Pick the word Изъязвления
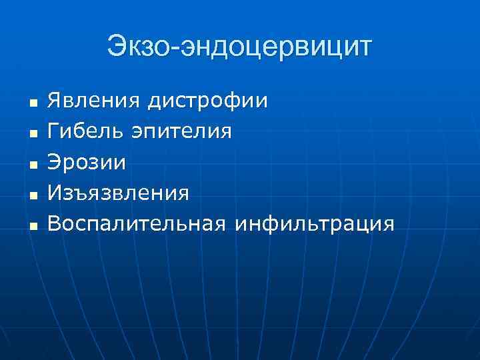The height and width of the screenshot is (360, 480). pyautogui.click(x=118, y=193)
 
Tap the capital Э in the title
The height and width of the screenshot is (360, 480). pyautogui.click(x=117, y=47)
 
